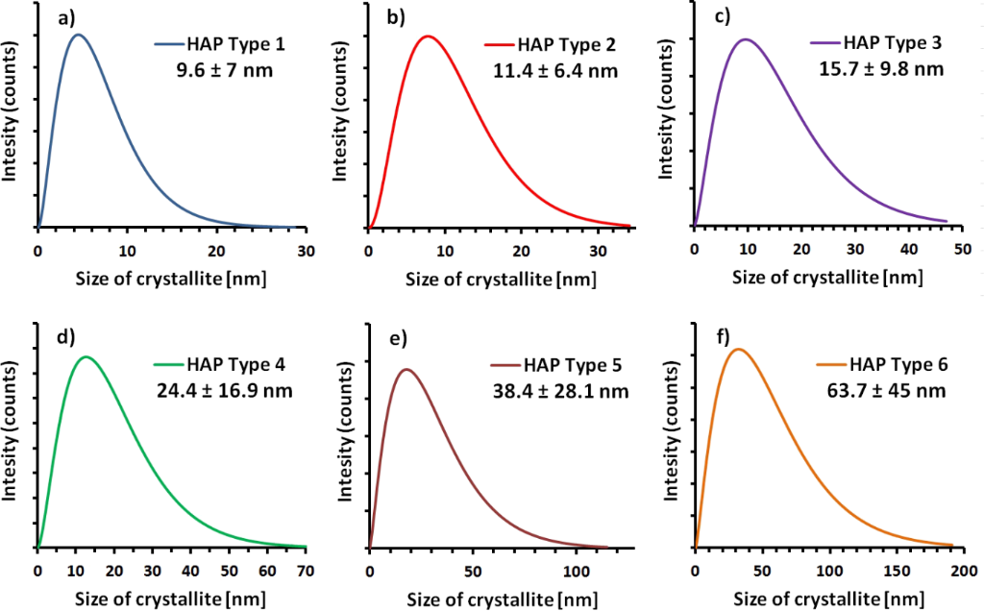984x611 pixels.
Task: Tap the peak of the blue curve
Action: pos(79,36)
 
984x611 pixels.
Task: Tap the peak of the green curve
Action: pos(86,356)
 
